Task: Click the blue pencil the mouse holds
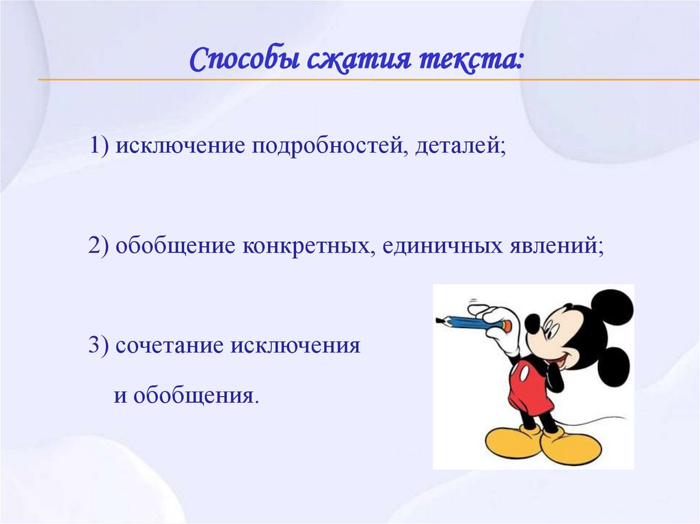[472, 321]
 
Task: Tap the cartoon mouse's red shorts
[529, 386]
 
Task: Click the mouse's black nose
[532, 323]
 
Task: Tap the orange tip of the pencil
[507, 326]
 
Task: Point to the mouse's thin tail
[595, 420]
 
